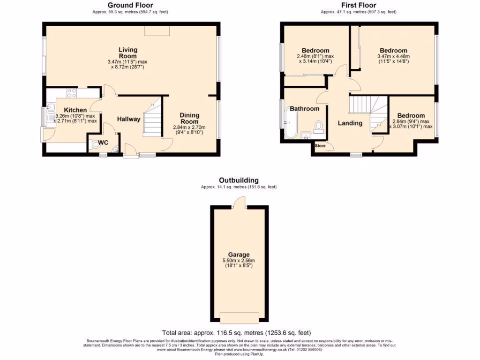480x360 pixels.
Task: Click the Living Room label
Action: tap(128, 53)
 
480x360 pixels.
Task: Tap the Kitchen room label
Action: tap(75, 110)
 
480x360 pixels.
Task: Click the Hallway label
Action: tap(128, 119)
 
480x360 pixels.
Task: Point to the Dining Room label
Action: tap(189, 118)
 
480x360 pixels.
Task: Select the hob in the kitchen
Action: tap(72, 93)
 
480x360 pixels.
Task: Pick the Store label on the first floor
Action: tap(320, 146)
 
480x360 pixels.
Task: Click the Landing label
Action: tap(350, 123)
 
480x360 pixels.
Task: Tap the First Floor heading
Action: tap(358, 6)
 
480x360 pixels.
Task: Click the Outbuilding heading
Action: tap(239, 180)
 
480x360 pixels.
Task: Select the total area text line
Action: tap(236, 332)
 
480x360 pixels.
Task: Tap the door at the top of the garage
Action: tap(240, 202)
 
